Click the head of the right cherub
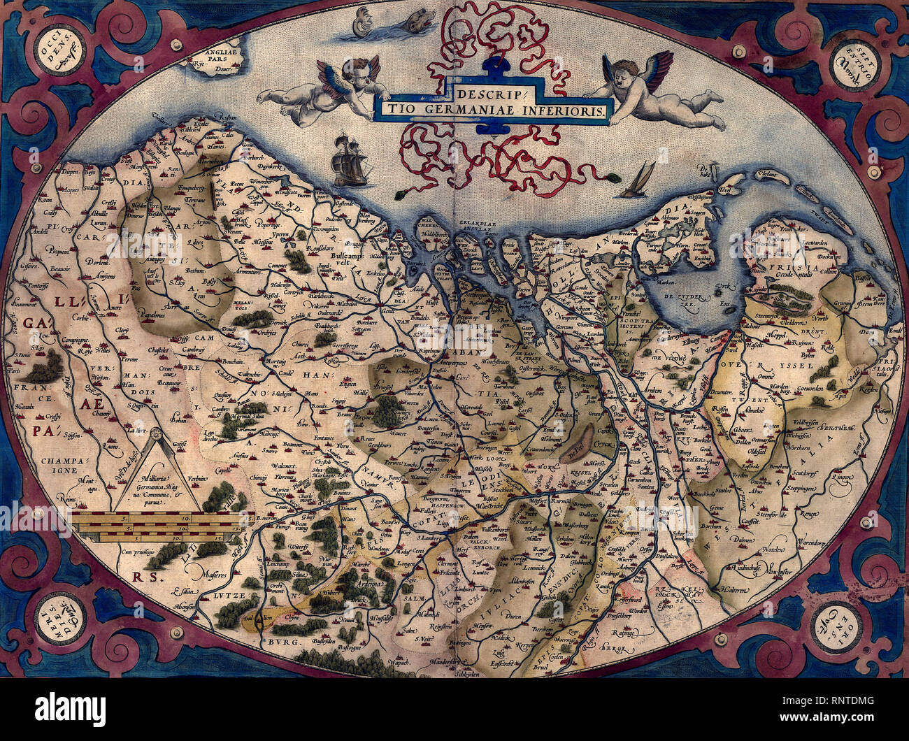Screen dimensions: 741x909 624,73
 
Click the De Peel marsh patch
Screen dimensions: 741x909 581,442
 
